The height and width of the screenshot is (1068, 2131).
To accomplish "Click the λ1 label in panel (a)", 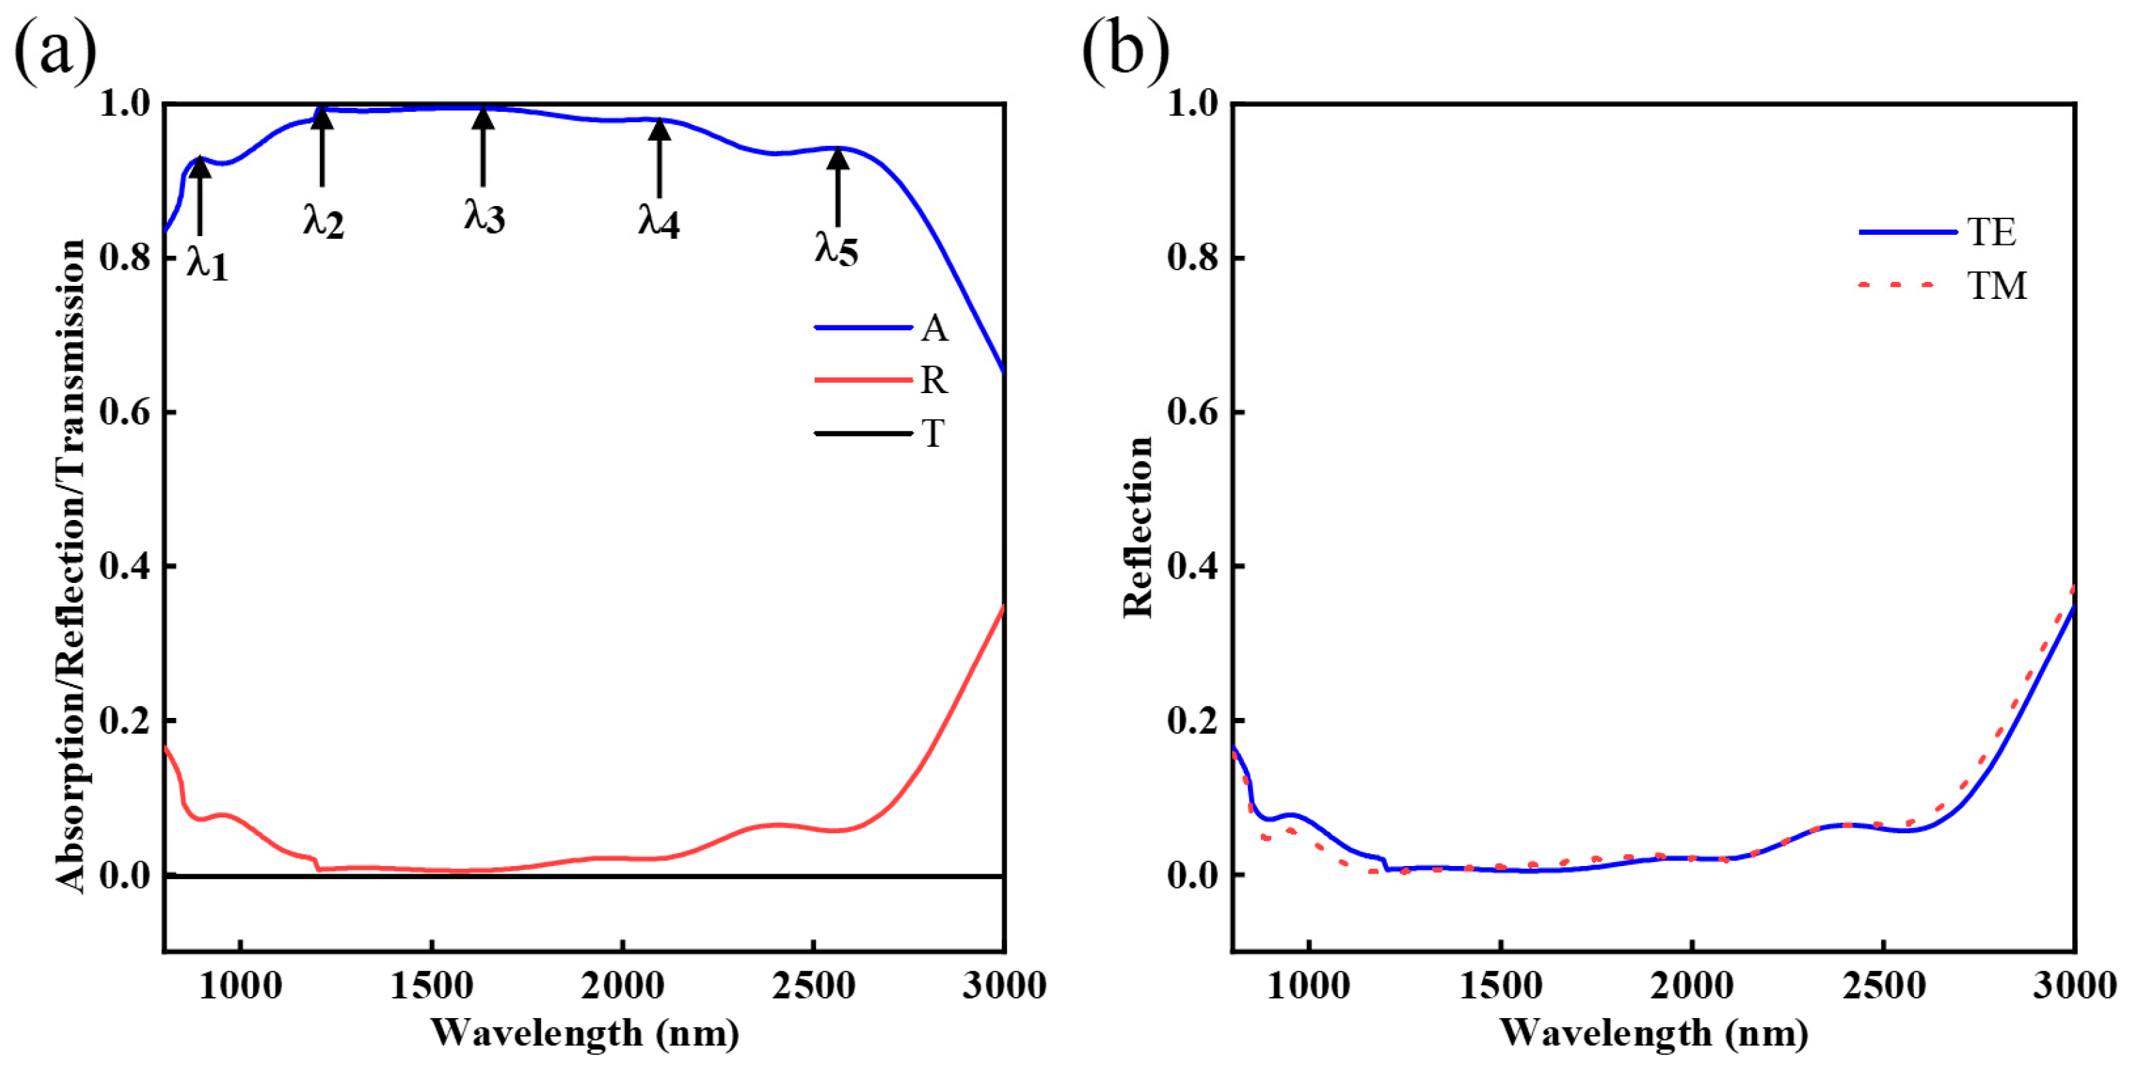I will click(207, 263).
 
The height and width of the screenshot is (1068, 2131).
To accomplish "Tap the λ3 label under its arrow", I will click(484, 217).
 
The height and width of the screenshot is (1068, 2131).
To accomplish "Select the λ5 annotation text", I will click(837, 248).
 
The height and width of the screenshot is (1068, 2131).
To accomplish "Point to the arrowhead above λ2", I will click(322, 117).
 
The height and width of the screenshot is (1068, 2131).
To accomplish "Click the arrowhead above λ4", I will click(658, 130).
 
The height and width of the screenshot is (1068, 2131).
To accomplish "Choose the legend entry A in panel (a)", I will click(934, 328).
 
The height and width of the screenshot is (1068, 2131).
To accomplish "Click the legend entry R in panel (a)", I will click(933, 381).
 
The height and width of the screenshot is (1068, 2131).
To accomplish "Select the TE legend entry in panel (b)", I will click(1990, 233).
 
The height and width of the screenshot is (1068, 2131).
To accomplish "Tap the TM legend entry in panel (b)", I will click(1996, 286).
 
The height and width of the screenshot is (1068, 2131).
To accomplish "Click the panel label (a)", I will click(55, 51).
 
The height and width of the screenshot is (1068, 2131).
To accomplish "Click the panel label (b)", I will click(1125, 51).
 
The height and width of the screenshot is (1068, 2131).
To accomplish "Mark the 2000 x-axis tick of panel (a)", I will click(622, 986).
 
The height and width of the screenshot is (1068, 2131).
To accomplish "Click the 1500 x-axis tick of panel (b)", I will click(1500, 986).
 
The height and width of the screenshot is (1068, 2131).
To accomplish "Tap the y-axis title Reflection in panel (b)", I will click(1138, 527).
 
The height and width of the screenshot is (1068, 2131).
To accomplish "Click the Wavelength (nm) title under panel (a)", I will click(584, 1033).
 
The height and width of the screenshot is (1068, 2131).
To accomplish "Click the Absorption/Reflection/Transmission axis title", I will click(71, 566).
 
